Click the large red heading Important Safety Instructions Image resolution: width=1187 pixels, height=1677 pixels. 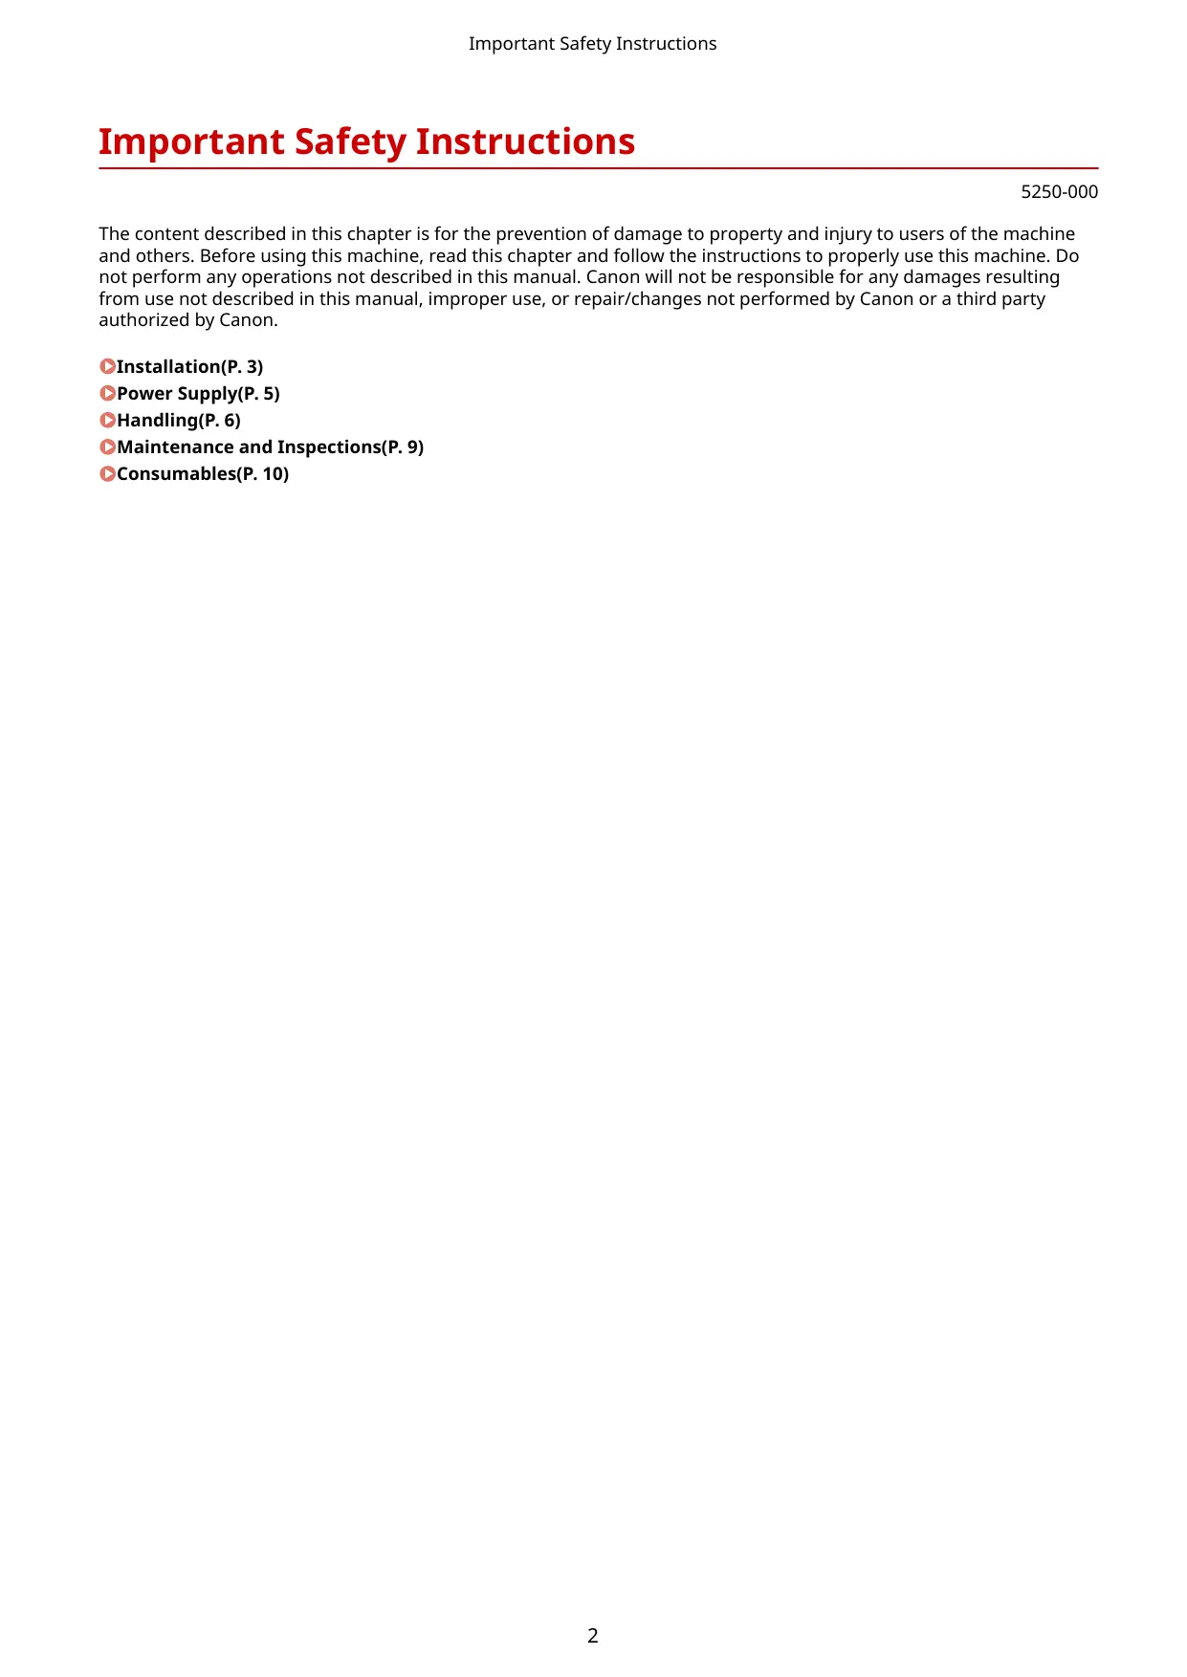tap(366, 142)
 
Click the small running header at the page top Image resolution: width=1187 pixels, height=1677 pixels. tap(592, 44)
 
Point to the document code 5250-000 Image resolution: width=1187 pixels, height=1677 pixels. tap(1059, 192)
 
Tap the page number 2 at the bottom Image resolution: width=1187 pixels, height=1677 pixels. tap(593, 1635)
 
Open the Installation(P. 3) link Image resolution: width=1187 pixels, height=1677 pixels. tap(189, 367)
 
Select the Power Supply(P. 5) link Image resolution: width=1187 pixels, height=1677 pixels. tap(198, 394)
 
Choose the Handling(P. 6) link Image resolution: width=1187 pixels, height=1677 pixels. tap(179, 421)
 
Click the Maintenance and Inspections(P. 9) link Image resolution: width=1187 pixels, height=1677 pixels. tap(270, 447)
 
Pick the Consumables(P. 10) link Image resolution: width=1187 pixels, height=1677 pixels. tap(203, 474)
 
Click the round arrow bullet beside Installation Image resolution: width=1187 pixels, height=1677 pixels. tap(107, 367)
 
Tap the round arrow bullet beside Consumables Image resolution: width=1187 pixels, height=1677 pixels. tap(107, 474)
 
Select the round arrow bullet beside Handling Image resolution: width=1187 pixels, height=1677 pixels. tap(107, 421)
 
